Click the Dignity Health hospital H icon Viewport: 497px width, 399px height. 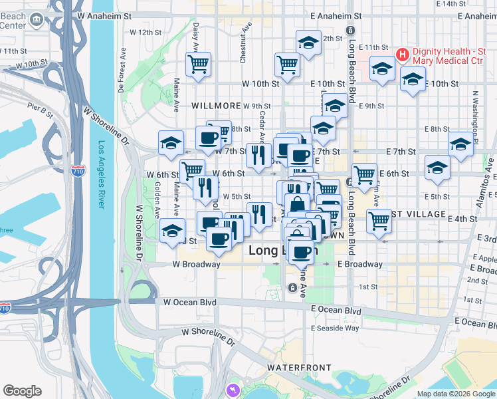click(401, 54)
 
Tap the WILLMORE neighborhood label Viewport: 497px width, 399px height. click(215, 106)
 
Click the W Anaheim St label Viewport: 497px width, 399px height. click(101, 14)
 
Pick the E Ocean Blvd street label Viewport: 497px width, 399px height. click(336, 311)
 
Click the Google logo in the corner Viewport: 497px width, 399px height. click(22, 391)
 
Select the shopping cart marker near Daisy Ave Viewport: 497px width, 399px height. click(199, 65)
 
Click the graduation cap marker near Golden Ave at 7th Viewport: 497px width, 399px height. click(171, 142)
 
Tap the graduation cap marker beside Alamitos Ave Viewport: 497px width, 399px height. click(461, 143)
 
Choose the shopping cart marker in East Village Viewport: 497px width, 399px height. click(379, 221)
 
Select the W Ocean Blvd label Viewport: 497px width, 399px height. click(190, 302)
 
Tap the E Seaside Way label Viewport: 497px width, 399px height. click(335, 328)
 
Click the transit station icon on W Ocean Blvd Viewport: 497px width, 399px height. click(292, 287)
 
